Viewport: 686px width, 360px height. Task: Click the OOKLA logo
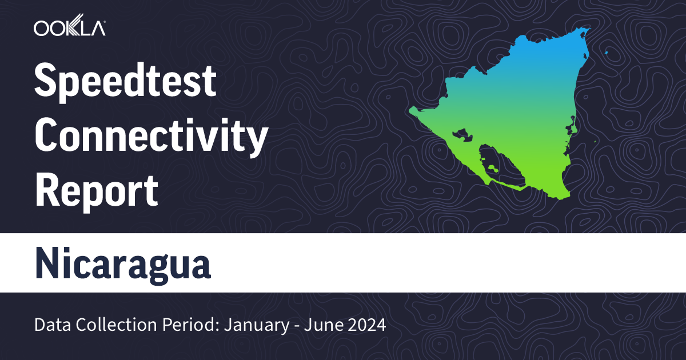click(x=69, y=29)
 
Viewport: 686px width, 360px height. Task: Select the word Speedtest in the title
click(x=125, y=82)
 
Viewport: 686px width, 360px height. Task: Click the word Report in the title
click(x=96, y=191)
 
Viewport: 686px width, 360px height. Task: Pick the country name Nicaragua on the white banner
click(x=122, y=263)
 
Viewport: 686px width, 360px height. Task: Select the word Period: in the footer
click(x=191, y=326)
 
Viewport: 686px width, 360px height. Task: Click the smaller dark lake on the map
click(x=460, y=135)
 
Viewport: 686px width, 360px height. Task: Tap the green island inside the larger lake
click(x=492, y=169)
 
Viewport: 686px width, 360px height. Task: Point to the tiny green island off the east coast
click(x=596, y=141)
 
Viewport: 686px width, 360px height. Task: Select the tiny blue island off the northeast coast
click(x=606, y=54)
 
